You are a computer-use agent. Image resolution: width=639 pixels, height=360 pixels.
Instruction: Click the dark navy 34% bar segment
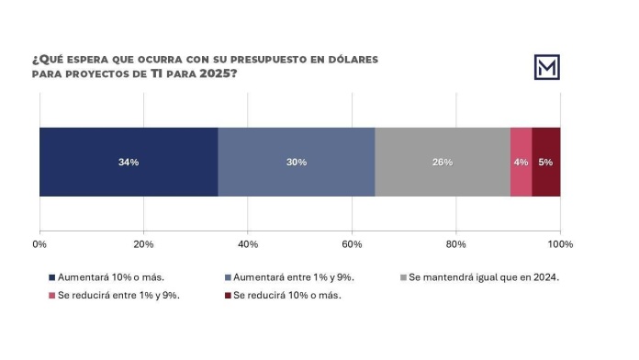(x=129, y=162)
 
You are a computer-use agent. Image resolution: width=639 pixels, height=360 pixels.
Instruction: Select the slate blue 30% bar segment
(x=297, y=162)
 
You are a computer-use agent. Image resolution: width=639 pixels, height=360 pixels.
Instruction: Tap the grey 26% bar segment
(x=443, y=162)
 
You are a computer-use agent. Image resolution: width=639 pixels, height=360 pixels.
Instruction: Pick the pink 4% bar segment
(x=521, y=162)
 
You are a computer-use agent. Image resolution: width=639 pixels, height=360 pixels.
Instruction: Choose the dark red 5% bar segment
(x=546, y=162)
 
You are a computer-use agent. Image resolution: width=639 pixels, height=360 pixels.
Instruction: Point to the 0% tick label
(x=39, y=244)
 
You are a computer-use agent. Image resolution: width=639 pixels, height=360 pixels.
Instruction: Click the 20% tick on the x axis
(x=143, y=244)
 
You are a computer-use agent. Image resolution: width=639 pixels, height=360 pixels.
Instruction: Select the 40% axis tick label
(x=248, y=244)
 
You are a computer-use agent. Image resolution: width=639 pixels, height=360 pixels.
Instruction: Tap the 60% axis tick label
(x=352, y=244)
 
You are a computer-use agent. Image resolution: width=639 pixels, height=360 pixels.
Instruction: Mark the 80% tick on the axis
(x=456, y=244)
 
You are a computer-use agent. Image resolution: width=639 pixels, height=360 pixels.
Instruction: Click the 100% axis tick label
(x=559, y=244)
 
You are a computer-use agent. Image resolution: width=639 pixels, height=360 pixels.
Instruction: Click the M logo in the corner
(x=547, y=67)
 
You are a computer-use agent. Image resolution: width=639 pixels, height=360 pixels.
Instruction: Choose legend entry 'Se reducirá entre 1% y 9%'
(x=118, y=296)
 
